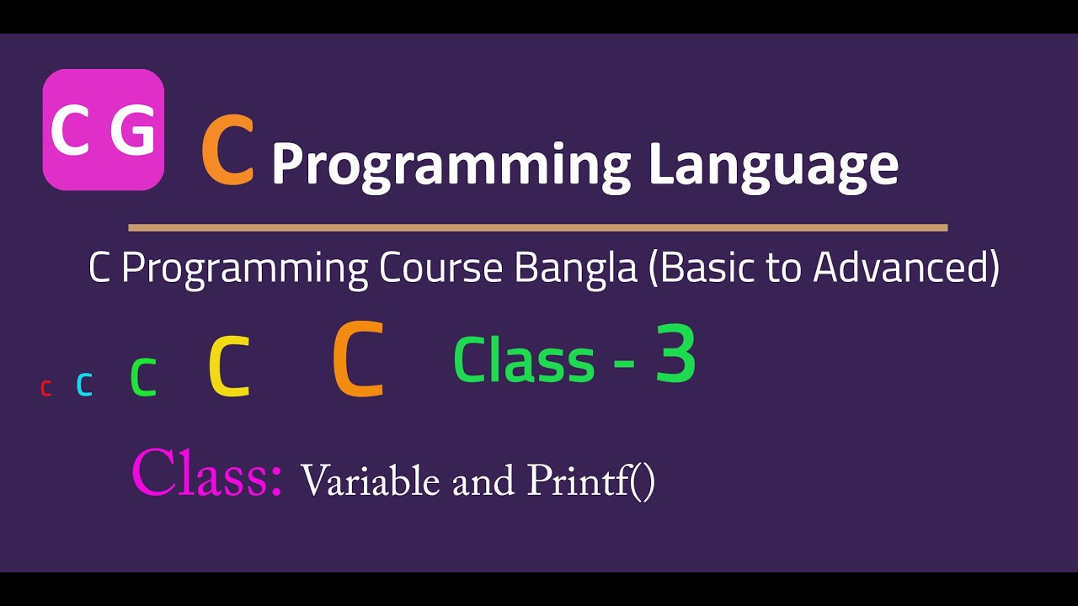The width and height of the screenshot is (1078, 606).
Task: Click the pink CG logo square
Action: coord(103,129)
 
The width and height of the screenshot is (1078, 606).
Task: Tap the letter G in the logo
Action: coord(132,131)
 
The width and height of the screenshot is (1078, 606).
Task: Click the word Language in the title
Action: coord(772,165)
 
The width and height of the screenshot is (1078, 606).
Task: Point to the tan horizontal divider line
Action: coord(537,227)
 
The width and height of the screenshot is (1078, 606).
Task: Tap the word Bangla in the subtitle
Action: coord(576,268)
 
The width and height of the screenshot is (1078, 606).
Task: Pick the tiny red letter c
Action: coord(46,387)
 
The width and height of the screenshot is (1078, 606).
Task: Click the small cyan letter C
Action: coord(84,385)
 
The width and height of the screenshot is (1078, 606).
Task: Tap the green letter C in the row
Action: coord(144,378)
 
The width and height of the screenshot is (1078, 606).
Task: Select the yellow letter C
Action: coord(229,367)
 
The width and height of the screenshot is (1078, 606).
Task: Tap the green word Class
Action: coord(524,360)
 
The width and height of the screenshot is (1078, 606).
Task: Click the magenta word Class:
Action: coord(207,474)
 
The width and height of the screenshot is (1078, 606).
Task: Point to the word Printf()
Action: coord(590,481)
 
